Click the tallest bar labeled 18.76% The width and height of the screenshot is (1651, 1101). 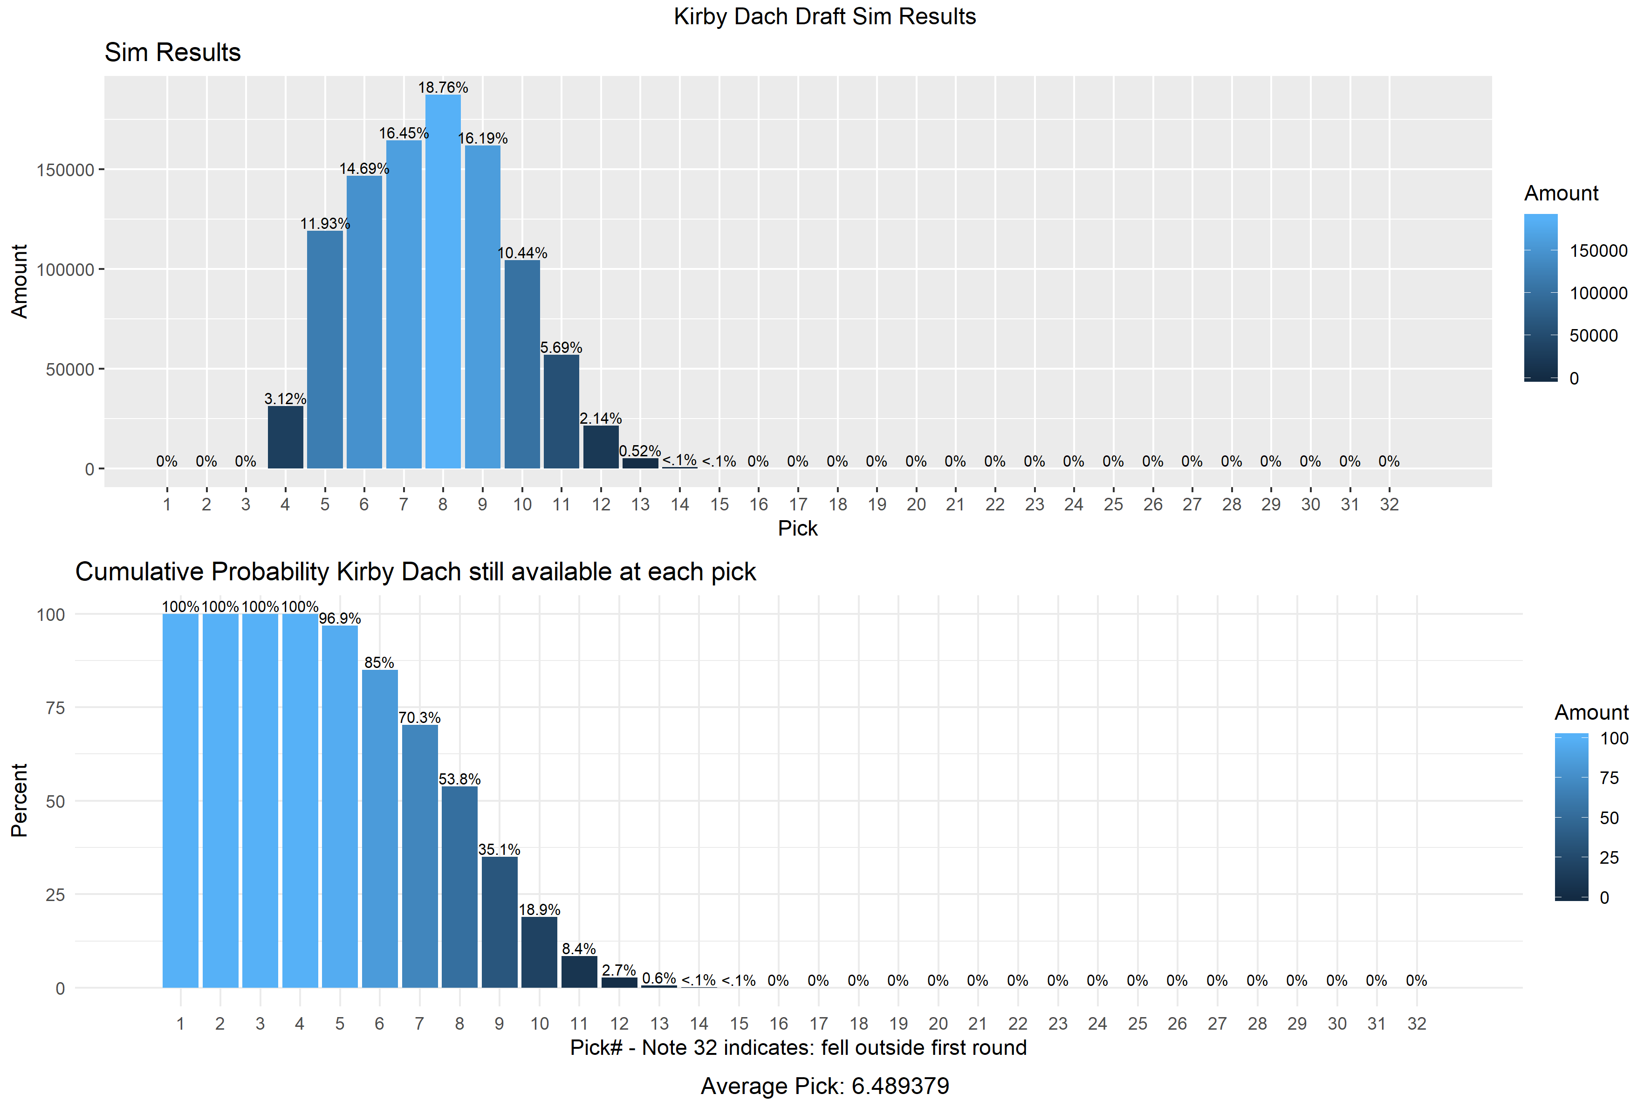(443, 281)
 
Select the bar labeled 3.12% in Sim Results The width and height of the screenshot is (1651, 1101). (285, 437)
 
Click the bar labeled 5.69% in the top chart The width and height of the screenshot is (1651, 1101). (561, 412)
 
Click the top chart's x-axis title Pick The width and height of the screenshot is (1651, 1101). (797, 528)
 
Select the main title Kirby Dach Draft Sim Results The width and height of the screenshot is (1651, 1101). (825, 16)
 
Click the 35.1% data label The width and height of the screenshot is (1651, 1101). (499, 850)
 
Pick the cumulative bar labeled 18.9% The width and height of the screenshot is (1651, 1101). (539, 952)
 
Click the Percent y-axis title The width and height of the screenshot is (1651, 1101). (19, 800)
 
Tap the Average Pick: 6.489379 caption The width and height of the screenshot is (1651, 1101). (825, 1086)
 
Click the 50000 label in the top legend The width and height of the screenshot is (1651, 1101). (1593, 336)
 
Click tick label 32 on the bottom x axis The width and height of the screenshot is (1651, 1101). (1417, 1024)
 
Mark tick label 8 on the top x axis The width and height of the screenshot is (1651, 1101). (443, 504)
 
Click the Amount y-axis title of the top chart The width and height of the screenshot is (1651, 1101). (19, 281)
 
